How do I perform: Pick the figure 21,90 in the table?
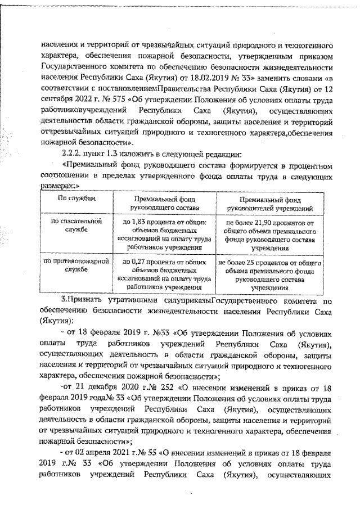[x=261, y=223]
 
